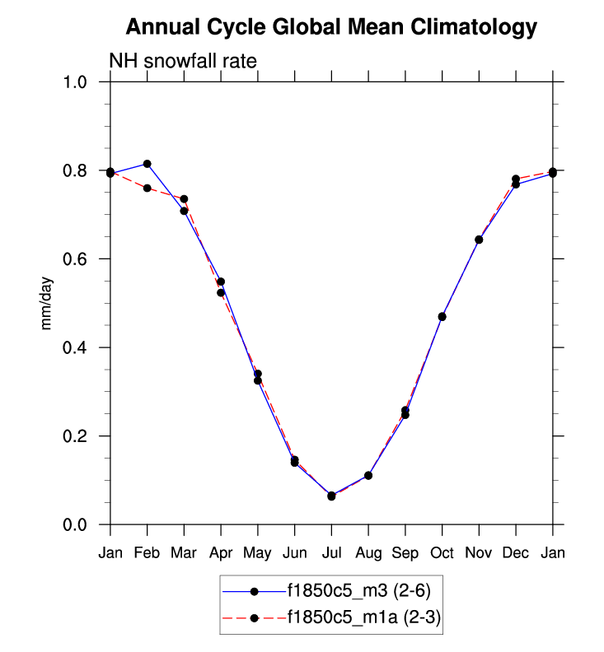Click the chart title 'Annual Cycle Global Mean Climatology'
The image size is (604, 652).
[331, 28]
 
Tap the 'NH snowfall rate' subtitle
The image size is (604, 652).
[184, 61]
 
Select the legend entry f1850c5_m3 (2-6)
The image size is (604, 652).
[356, 590]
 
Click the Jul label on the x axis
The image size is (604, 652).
[331, 553]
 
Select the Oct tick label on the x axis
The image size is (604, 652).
[442, 553]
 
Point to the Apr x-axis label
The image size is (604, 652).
[221, 553]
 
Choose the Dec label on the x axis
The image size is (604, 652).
[516, 553]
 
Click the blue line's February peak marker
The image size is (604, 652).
[147, 164]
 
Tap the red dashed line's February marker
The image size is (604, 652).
[147, 189]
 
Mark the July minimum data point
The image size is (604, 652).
[331, 496]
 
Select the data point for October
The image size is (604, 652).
[442, 317]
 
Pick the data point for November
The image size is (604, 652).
[479, 240]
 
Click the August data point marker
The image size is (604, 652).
[368, 476]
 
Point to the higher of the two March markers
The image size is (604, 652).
[184, 199]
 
